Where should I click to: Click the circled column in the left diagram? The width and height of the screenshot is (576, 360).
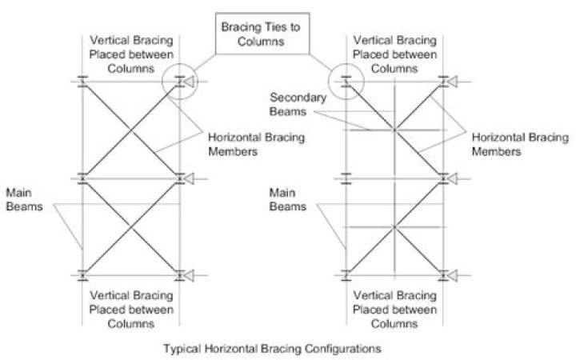tap(180, 81)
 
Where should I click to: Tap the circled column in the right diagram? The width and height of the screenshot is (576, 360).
tap(346, 81)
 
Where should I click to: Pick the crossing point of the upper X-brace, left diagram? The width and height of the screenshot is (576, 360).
tap(131, 129)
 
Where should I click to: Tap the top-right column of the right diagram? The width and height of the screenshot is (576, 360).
tap(444, 81)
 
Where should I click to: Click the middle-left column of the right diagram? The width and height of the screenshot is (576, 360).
tap(346, 178)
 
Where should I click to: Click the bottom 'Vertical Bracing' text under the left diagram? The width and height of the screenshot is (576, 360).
tap(130, 300)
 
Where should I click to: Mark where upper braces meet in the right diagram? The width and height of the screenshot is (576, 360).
tap(394, 130)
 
